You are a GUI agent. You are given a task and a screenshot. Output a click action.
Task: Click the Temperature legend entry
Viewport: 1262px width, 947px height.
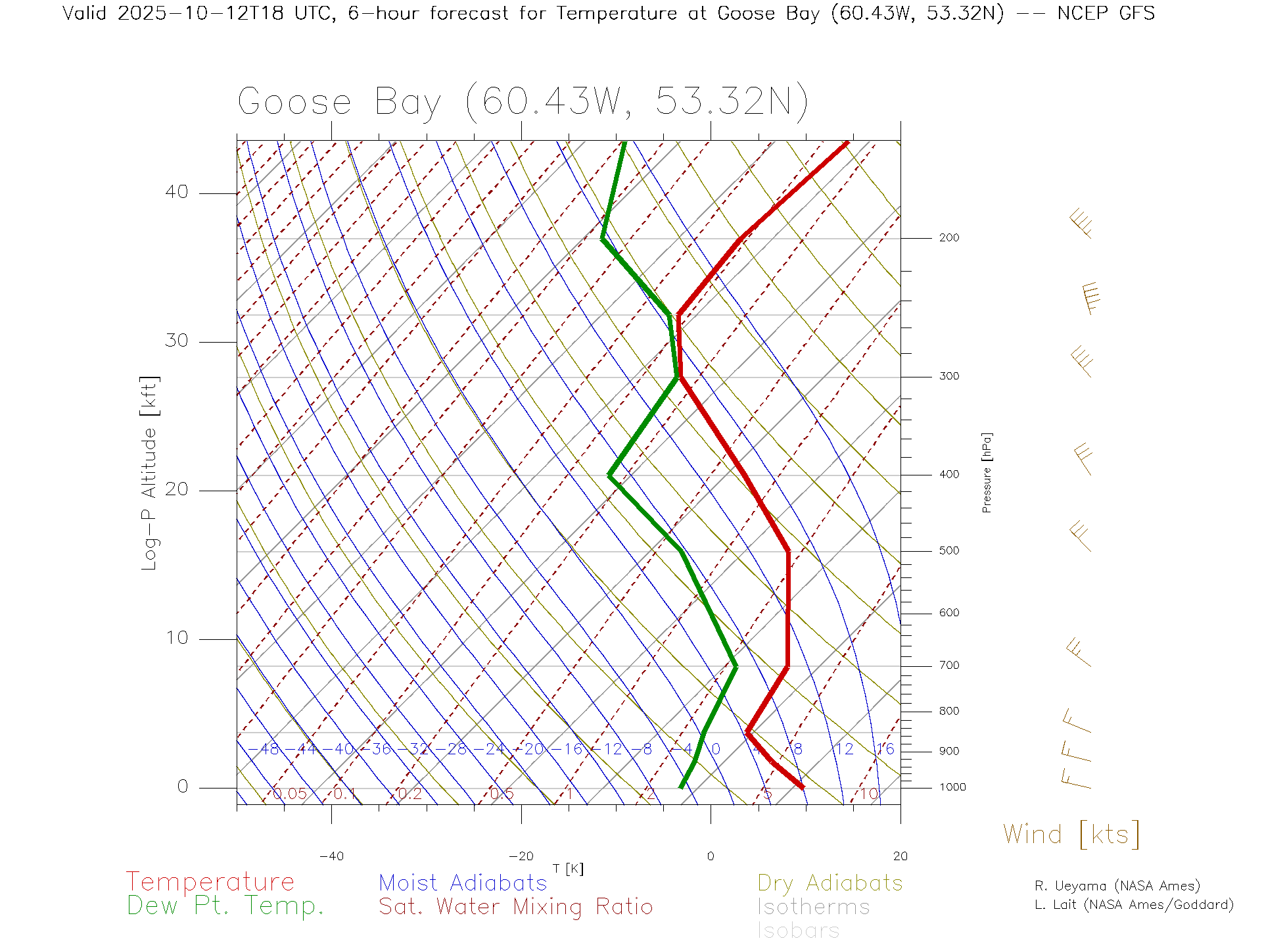(210, 882)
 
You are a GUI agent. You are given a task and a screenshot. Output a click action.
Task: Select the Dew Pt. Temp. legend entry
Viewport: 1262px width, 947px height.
(225, 906)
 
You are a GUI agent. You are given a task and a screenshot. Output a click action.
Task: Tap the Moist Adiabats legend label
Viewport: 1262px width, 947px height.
(463, 883)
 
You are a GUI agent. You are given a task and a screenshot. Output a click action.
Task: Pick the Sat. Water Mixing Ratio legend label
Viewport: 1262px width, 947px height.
(515, 907)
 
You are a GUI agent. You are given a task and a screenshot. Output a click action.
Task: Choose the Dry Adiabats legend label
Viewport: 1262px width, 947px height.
(830, 883)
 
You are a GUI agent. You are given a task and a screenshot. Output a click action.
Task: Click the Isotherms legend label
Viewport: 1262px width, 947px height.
(813, 907)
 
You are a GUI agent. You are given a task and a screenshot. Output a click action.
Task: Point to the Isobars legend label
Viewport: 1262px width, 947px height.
(798, 931)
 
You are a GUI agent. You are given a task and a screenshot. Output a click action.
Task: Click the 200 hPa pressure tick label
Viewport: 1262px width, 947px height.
(949, 238)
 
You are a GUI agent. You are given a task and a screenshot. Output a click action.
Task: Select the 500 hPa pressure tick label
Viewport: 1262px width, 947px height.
(949, 551)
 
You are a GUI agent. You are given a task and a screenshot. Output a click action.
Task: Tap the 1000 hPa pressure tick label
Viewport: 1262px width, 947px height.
(952, 787)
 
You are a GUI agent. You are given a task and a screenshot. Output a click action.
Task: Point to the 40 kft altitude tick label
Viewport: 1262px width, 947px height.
(176, 192)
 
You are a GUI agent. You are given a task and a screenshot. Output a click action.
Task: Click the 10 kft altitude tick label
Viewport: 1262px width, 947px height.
(176, 638)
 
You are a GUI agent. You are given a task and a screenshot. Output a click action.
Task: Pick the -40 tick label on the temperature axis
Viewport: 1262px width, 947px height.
(331, 856)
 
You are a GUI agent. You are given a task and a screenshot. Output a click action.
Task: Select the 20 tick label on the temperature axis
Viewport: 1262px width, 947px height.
(900, 856)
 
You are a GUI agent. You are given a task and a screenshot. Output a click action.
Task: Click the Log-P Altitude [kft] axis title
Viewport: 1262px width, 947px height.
(150, 473)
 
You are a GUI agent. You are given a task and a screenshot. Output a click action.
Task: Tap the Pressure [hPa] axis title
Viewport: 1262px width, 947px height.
(987, 472)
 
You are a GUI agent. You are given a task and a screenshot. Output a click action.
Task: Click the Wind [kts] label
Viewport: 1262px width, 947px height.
(1071, 835)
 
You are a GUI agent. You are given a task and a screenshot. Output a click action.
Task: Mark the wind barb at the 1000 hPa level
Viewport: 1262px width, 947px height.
(1075, 781)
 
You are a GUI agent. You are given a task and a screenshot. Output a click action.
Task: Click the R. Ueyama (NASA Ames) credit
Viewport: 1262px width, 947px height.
(1117, 886)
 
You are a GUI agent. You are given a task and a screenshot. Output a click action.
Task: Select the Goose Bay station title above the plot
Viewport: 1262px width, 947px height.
(523, 102)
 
